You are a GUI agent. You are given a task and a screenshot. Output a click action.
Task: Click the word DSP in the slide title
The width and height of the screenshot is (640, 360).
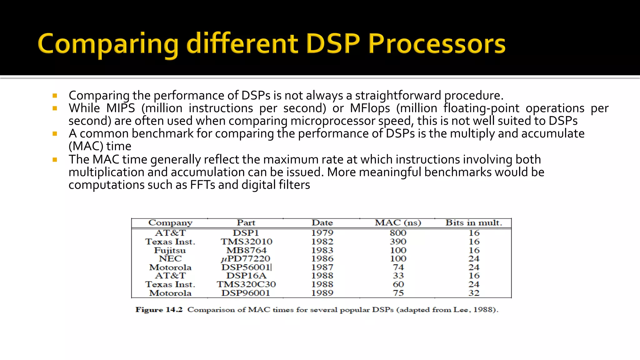point(333,43)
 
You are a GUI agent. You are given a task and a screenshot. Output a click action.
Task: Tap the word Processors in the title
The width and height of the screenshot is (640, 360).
point(437,43)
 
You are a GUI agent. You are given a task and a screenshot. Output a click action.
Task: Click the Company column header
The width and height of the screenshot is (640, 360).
point(170,223)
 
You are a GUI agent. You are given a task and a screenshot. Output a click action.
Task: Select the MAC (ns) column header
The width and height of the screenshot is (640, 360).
point(398,223)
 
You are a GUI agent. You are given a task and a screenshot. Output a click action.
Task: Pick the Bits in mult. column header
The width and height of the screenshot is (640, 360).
point(474,223)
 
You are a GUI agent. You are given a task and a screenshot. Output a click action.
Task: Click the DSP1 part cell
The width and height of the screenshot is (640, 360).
point(246,233)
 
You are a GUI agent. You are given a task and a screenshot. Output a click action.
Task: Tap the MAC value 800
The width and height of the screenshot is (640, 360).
point(398,233)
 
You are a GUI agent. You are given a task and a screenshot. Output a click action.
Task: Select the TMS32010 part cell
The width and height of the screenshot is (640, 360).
point(247,242)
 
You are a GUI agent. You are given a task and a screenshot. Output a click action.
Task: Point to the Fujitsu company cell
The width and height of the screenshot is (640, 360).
point(170,250)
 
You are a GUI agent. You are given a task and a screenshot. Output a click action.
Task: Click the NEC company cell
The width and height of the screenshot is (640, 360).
point(170,259)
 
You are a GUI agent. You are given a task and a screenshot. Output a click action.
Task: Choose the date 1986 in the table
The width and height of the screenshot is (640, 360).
point(322,259)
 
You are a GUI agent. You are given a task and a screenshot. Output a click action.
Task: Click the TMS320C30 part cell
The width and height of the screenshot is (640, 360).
point(246,284)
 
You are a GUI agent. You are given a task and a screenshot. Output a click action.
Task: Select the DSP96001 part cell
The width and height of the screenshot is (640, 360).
point(246,293)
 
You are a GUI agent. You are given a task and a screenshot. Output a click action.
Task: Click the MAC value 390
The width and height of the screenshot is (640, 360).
point(398,242)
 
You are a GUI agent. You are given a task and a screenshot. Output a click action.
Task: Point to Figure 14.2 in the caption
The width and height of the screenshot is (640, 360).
point(159,310)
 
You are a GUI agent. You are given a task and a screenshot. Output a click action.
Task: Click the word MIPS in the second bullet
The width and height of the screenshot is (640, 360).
point(121,108)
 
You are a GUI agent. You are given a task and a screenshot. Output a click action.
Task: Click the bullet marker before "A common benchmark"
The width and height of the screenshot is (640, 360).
point(55,134)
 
